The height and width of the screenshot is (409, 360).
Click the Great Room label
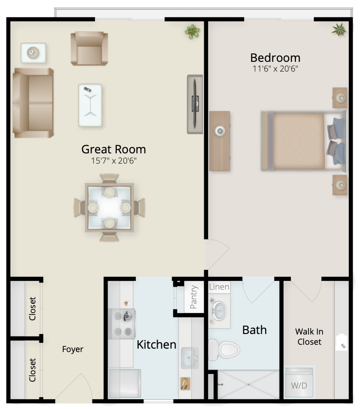pos(113,149)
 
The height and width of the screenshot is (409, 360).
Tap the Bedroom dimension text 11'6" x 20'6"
pos(275,69)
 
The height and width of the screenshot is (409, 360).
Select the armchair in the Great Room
pos(89,49)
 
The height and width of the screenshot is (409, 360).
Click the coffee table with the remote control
pos(90,105)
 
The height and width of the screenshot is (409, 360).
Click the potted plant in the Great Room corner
pos(192,32)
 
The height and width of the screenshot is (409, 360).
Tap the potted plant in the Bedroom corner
pos(339,30)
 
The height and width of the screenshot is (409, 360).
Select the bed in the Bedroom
pos(304,141)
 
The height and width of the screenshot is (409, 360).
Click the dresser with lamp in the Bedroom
pos(220,141)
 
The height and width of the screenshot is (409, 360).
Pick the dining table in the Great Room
pos(109,207)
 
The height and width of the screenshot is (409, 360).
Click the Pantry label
pos(194,297)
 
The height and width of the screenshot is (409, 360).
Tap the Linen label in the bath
pos(219,287)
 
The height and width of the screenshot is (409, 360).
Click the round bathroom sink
pos(218,311)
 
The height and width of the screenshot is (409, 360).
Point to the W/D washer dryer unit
pos(299,382)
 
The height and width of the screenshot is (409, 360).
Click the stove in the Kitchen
pos(122,324)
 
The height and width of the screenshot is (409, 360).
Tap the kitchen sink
pos(190,358)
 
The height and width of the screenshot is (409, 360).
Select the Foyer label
pos(73,349)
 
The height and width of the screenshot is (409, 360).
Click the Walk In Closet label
pos(309,336)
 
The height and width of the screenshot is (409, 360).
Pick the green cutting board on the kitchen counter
pos(185,384)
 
